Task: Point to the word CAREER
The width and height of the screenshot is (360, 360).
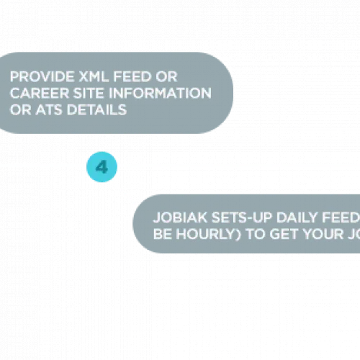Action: [x=40, y=93]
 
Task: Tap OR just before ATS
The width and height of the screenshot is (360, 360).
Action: [x=20, y=109]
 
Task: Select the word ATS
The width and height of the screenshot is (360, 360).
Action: [x=49, y=109]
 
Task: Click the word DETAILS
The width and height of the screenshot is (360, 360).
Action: [x=96, y=109]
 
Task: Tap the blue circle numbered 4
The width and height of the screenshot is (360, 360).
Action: [x=102, y=167]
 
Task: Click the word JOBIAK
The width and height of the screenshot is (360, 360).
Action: [x=180, y=217]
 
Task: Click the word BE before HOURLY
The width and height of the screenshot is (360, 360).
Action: [x=163, y=234]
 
